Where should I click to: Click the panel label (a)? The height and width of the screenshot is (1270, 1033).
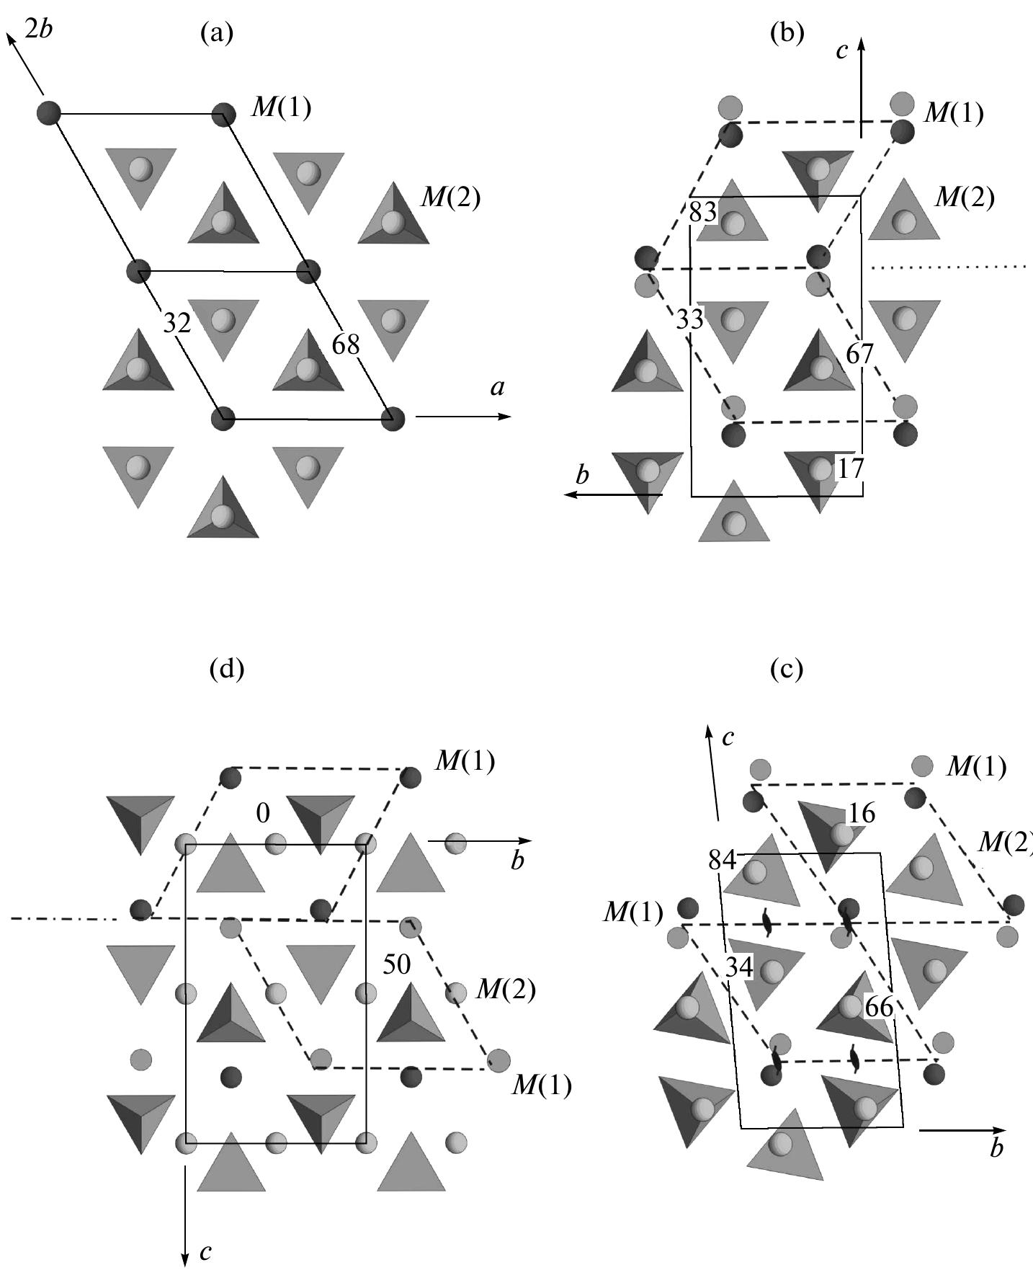[x=217, y=33]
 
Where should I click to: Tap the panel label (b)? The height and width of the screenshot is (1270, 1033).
[x=787, y=33]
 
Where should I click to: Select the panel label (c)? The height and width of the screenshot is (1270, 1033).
[x=787, y=670]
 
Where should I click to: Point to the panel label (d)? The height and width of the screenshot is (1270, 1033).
[x=227, y=670]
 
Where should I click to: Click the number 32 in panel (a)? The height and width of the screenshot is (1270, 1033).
[x=176, y=324]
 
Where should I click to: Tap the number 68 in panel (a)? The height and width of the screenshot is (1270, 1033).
[x=346, y=345]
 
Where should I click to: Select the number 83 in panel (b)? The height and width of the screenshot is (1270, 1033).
[x=703, y=212]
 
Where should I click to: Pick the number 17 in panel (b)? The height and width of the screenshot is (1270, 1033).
[x=850, y=469]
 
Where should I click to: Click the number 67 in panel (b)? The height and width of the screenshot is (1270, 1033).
[x=860, y=354]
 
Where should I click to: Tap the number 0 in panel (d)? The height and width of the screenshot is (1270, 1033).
[x=263, y=814]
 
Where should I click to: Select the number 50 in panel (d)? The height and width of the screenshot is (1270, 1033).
[x=397, y=965]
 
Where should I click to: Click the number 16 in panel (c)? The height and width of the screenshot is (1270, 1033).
[x=862, y=813]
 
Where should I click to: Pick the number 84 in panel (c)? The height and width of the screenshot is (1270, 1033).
[x=723, y=860]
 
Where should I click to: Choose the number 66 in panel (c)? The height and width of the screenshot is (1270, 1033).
[x=879, y=1007]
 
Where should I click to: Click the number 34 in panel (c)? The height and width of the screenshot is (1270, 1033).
[x=739, y=968]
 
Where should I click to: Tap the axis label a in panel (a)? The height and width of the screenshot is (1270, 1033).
[x=497, y=388]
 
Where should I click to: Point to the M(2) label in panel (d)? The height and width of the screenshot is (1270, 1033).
[x=506, y=990]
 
